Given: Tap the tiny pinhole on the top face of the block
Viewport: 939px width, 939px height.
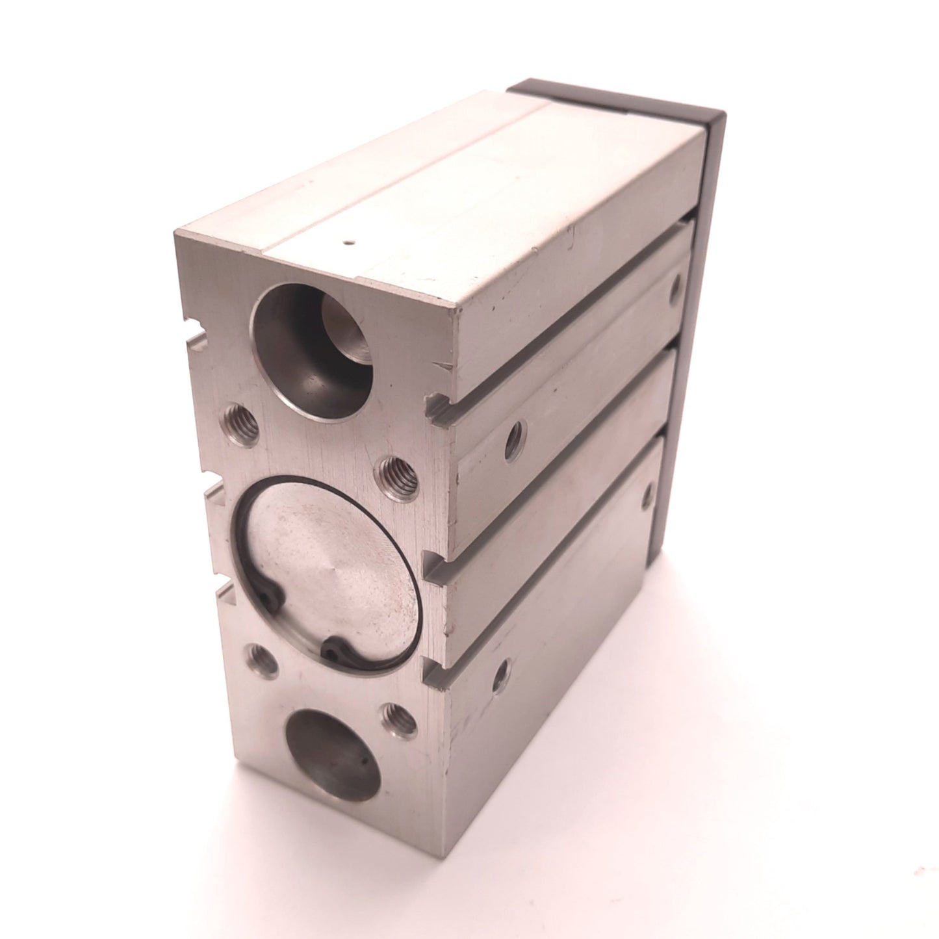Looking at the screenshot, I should click(350, 244).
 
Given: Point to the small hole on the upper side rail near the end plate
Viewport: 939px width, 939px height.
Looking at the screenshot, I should click(678, 285).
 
